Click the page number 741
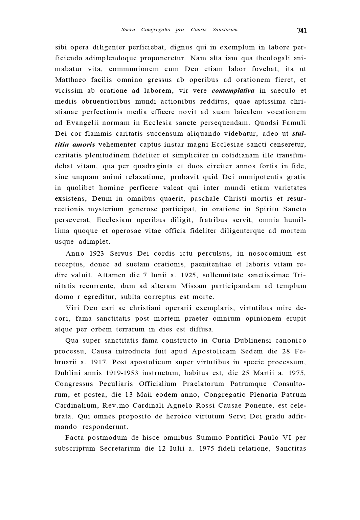[x=302, y=31]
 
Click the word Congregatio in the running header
[x=156, y=29]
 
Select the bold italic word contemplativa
[x=233, y=91]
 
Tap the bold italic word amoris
[x=84, y=145]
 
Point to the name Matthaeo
[x=70, y=80]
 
